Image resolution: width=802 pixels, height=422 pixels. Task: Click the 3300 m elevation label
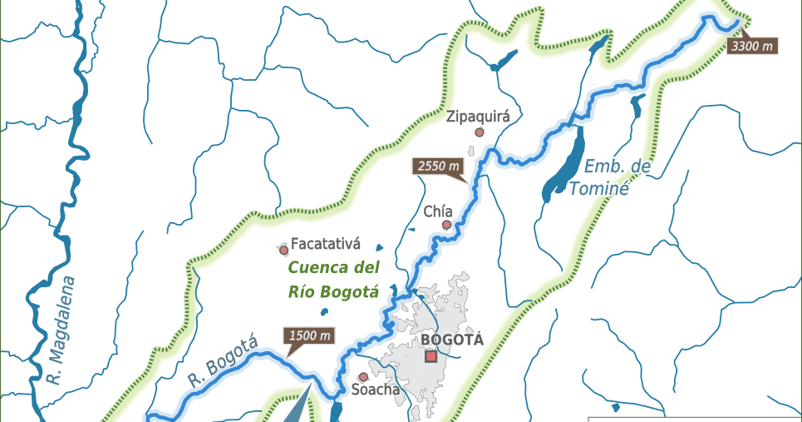pyautogui.click(x=752, y=47)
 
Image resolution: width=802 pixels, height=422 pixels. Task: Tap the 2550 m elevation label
pyautogui.click(x=437, y=166)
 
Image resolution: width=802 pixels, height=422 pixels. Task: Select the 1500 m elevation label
pyautogui.click(x=312, y=336)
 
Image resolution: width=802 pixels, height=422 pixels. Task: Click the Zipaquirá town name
pyautogui.click(x=477, y=116)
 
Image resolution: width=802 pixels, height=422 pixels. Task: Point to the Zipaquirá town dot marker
pyautogui.click(x=479, y=132)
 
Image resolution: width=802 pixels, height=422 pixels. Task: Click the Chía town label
pyautogui.click(x=438, y=211)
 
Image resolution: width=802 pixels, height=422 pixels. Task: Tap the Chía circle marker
pyautogui.click(x=446, y=225)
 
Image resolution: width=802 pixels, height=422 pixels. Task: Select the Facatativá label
pyautogui.click(x=325, y=245)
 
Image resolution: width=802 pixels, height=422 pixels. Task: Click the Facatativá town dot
pyautogui.click(x=283, y=249)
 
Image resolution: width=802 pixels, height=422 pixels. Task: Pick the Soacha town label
pyautogui.click(x=376, y=390)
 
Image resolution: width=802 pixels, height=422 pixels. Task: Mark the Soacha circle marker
pyautogui.click(x=363, y=377)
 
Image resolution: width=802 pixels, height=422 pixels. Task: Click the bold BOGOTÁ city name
pyautogui.click(x=452, y=339)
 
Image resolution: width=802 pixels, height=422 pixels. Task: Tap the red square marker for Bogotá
pyautogui.click(x=431, y=356)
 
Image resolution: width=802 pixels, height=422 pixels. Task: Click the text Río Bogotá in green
pyautogui.click(x=333, y=291)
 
